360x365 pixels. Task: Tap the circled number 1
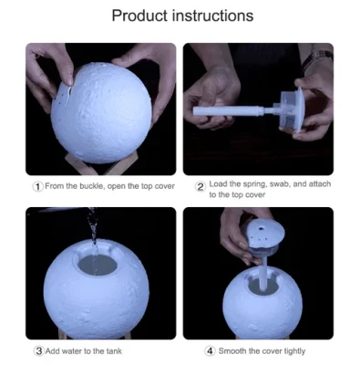click(37, 186)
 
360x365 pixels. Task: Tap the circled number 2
click(201, 186)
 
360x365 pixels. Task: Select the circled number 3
click(37, 351)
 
